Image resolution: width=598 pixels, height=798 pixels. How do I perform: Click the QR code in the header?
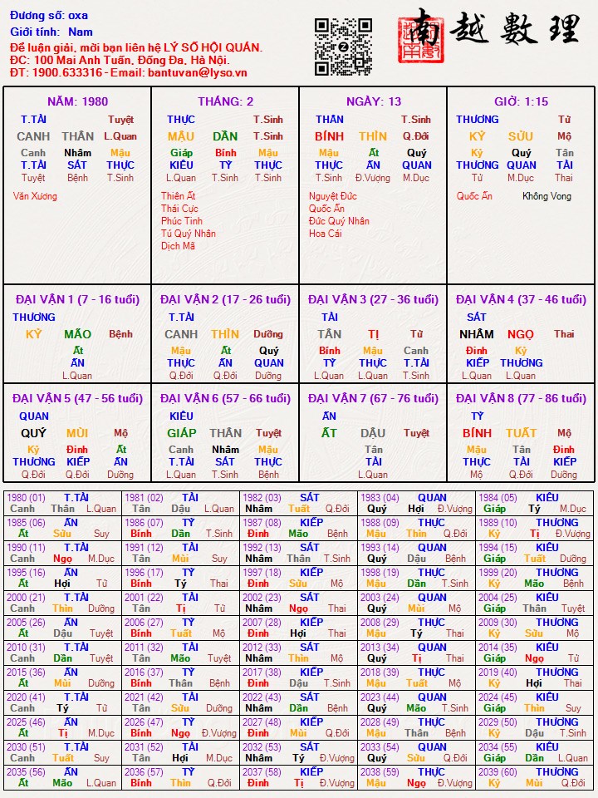pos(343,47)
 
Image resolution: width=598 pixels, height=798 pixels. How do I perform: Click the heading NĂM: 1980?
pos(77,101)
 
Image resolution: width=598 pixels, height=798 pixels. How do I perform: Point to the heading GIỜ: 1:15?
pos(521,101)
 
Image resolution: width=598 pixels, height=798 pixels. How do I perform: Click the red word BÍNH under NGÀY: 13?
pos(329,136)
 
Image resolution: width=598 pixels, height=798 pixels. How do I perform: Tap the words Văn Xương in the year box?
pos(35,196)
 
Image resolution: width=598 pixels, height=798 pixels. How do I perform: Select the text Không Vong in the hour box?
pos(547,196)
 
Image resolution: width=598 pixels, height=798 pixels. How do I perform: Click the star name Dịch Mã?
pos(178,246)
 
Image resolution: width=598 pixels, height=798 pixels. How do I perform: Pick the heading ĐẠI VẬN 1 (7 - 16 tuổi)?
pos(77,299)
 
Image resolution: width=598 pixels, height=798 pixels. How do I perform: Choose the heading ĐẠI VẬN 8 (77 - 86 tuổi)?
pos(521,398)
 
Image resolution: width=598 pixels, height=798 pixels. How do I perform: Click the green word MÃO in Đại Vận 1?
pos(78,334)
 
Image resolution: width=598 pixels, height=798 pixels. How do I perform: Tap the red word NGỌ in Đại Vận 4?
pos(521,334)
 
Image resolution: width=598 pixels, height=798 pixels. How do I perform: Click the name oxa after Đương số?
pos(78,16)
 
